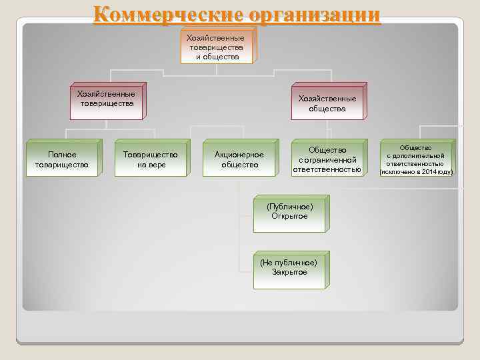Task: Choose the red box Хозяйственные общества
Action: click(x=327, y=103)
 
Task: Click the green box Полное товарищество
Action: click(x=62, y=159)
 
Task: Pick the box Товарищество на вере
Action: click(x=151, y=159)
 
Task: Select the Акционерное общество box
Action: click(x=239, y=159)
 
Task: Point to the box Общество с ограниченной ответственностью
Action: click(x=327, y=160)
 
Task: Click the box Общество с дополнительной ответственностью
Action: click(x=416, y=160)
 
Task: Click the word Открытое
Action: click(x=289, y=216)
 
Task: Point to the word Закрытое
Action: click(x=289, y=272)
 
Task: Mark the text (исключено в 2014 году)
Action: click(x=416, y=172)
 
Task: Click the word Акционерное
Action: click(x=239, y=155)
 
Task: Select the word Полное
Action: click(x=62, y=155)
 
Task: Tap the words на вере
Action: click(x=151, y=165)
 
